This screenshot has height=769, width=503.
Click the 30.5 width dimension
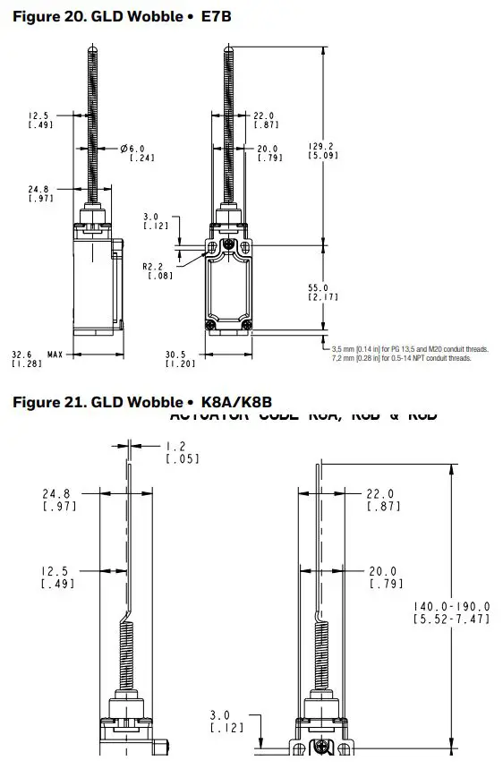(178, 354)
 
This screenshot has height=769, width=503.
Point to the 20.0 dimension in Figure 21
(383, 571)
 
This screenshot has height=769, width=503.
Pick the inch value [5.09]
(322, 156)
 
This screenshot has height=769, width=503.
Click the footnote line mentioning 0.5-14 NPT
(400, 357)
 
